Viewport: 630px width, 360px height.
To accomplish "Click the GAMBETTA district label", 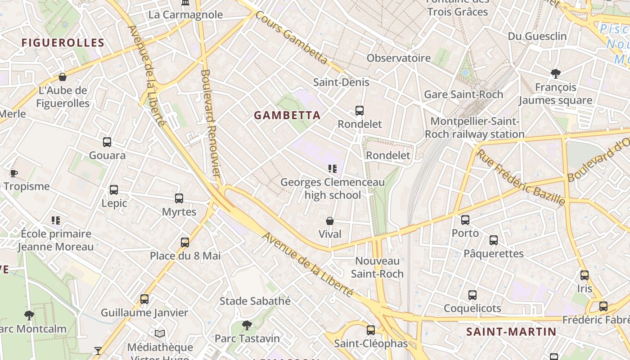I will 287,115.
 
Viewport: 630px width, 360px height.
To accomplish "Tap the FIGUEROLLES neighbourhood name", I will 63,43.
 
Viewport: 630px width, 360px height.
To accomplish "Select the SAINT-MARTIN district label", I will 511,332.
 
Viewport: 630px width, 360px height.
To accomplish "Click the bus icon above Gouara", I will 107,142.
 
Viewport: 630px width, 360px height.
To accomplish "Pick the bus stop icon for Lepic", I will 114,190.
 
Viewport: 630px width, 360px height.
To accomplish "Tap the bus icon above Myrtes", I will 179,198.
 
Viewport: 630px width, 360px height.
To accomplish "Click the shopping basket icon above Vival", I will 330,221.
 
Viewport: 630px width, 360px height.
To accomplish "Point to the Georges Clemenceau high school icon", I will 333,169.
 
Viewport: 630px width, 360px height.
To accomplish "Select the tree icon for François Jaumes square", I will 556,73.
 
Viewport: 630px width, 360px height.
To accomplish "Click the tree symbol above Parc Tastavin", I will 247,325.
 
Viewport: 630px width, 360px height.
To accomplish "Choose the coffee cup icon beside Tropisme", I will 13,173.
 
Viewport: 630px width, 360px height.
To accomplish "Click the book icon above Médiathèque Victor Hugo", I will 160,333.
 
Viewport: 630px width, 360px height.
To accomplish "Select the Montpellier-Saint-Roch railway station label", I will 475,128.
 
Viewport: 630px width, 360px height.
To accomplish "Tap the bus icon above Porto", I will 465,220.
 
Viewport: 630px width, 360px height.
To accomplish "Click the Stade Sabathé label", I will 255,301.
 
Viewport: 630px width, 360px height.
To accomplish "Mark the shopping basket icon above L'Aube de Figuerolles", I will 63,77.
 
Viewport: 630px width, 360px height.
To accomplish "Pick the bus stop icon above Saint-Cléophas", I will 371,330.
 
